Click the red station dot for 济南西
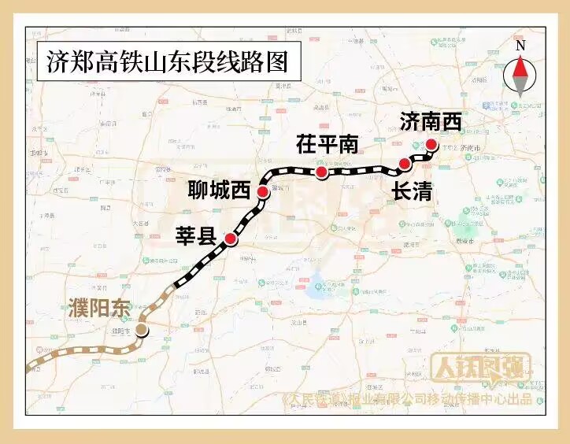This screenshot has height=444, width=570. click(431, 144)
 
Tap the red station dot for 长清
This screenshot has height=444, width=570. click(405, 164)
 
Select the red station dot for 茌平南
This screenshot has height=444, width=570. click(321, 172)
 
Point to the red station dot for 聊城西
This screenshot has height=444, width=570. click(262, 191)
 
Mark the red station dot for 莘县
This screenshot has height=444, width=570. click(231, 239)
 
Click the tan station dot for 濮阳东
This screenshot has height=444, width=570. click(142, 330)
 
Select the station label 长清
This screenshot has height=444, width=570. click(411, 190)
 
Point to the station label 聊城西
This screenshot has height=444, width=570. click(218, 191)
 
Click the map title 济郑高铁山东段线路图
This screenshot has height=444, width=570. click(168, 61)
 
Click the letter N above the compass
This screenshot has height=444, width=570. click(520, 46)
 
